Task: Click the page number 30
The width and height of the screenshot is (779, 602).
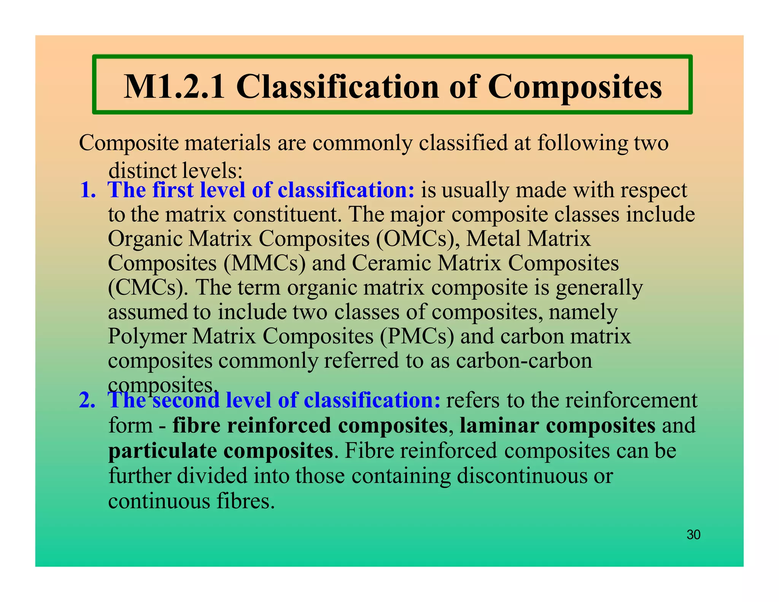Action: tap(693, 535)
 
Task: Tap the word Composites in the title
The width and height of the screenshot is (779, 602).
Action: tap(575, 87)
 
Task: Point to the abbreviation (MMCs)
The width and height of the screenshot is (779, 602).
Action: tap(264, 263)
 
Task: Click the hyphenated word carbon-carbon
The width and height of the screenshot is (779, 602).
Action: tap(524, 361)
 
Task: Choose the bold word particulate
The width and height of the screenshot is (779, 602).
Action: tap(162, 451)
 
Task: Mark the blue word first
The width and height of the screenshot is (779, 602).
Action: tap(173, 190)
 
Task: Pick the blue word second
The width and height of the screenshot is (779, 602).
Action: tap(186, 400)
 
